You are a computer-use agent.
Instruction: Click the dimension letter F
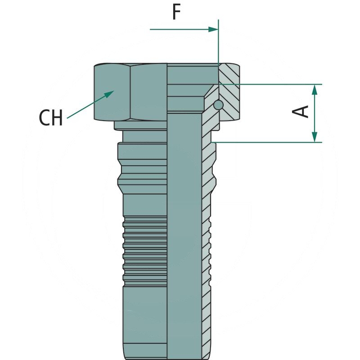pos(176,13)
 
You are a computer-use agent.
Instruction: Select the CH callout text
pos(50,118)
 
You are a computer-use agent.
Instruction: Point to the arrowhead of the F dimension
pos(213,29)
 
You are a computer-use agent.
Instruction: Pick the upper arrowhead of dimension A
pos(315,89)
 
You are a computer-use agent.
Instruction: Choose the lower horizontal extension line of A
pos(270,142)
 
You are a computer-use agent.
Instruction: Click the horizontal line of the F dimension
pos(180,29)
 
